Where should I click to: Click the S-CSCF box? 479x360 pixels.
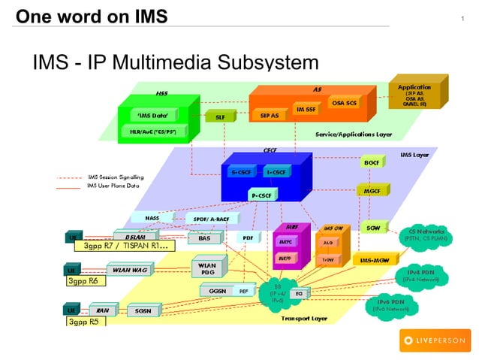(x=240, y=172)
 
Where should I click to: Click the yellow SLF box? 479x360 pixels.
(x=220, y=117)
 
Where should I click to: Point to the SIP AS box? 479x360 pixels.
(x=269, y=116)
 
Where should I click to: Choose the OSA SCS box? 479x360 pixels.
(x=344, y=103)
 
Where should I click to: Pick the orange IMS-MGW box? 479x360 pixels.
(x=373, y=259)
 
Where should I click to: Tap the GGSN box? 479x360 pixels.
(x=218, y=290)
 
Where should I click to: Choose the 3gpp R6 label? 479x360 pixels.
(x=83, y=282)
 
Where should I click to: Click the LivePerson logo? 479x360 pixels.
(x=433, y=340)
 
